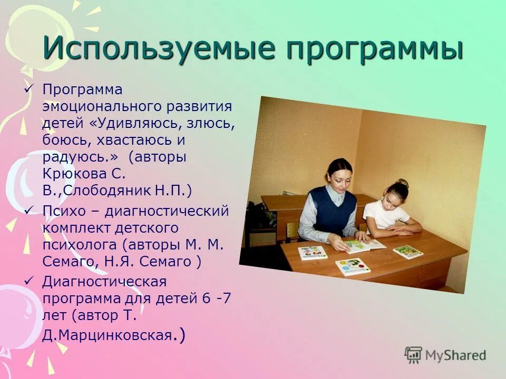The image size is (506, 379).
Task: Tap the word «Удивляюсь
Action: point(130,124)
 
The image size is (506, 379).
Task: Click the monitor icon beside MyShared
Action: point(414,355)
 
